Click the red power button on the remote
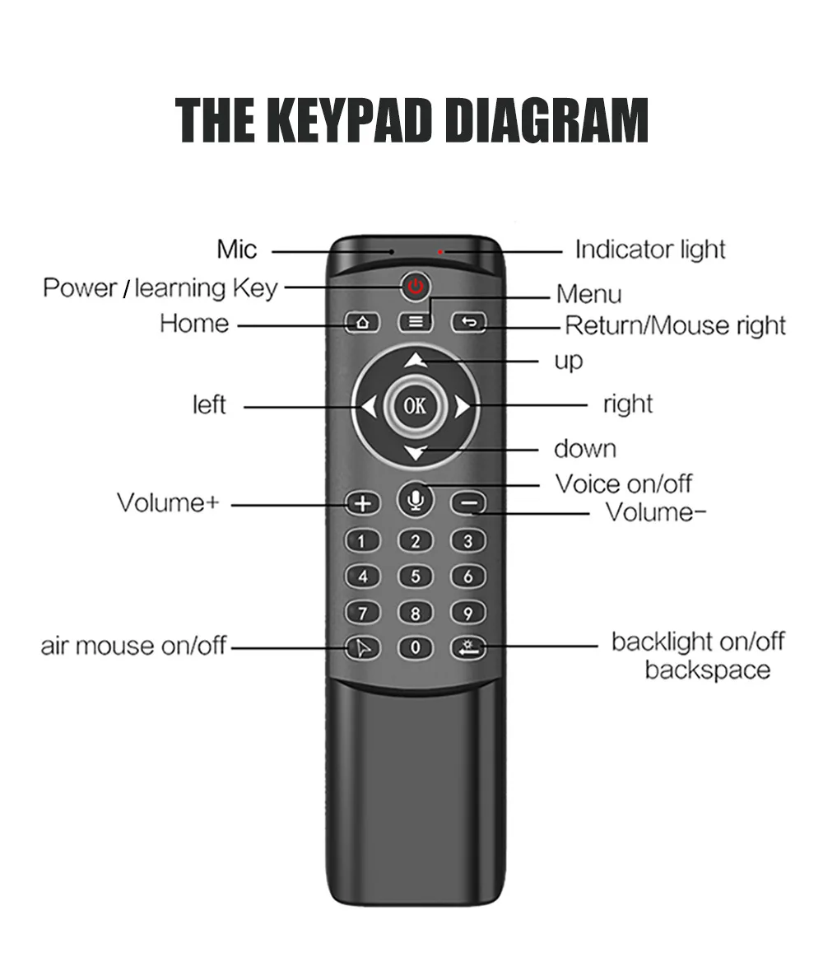tap(416, 287)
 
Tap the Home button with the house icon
tap(361, 322)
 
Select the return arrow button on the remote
tap(468, 322)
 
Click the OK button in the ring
tap(416, 405)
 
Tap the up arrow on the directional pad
tap(416, 359)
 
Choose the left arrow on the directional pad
tap(368, 406)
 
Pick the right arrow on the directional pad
tap(463, 406)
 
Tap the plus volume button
tap(362, 502)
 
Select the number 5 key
tap(416, 577)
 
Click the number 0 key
tap(416, 647)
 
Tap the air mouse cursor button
tap(362, 647)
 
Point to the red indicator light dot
tap(441, 250)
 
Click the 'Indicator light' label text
tap(650, 249)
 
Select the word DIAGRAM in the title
tap(546, 120)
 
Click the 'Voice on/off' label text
tap(623, 483)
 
